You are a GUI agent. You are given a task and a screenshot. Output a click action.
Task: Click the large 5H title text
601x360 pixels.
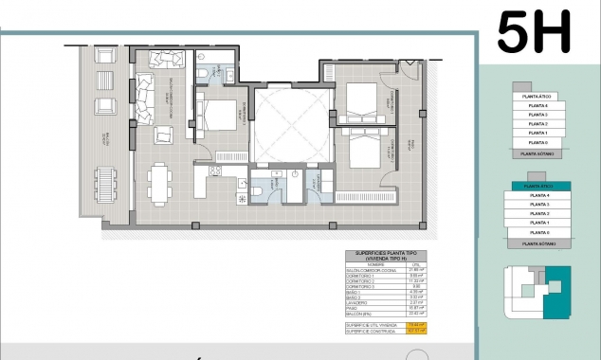[534, 32]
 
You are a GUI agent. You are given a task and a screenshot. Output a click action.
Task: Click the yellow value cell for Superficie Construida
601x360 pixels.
[410, 332]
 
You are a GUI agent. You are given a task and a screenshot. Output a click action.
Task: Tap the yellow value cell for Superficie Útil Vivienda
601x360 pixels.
[410, 325]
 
